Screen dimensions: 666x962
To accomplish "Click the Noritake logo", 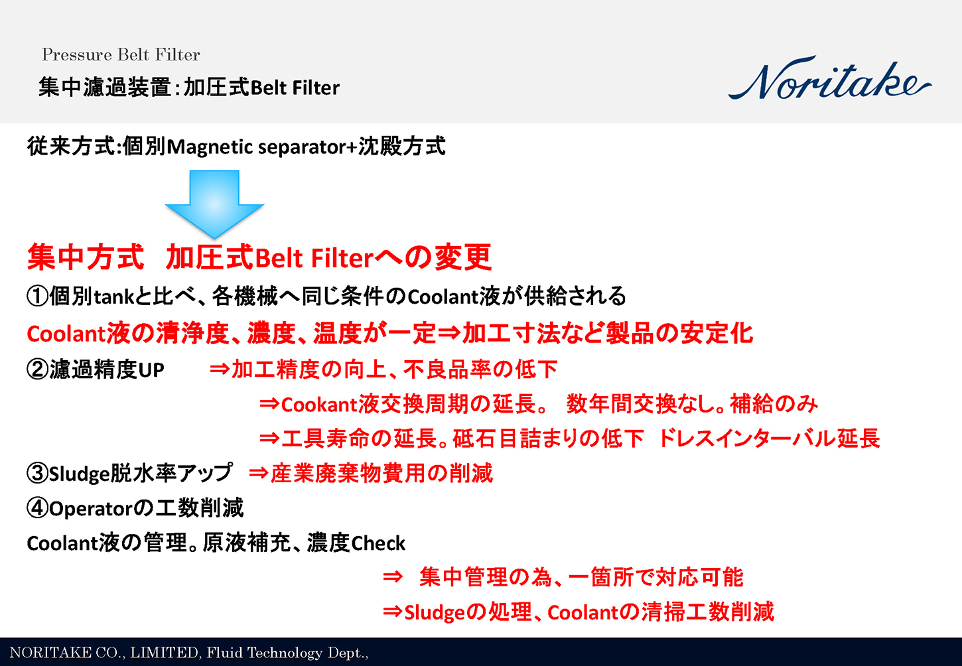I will click(x=829, y=80).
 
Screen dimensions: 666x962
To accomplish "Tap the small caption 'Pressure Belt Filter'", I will click(x=121, y=54).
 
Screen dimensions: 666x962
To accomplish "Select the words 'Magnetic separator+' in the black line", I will click(x=262, y=147).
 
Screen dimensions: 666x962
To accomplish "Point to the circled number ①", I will click(x=37, y=296).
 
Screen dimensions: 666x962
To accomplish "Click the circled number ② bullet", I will click(x=37, y=369).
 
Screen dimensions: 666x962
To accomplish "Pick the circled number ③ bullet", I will click(x=37, y=473).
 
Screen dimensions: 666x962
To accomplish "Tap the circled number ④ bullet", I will click(x=37, y=508).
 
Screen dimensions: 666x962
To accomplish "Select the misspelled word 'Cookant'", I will click(x=319, y=404).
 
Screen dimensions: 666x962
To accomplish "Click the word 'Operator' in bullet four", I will click(x=91, y=509).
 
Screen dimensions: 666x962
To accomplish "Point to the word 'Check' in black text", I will click(x=378, y=543).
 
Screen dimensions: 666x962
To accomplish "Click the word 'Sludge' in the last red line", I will click(x=435, y=612).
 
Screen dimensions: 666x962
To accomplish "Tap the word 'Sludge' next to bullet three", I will click(x=79, y=474).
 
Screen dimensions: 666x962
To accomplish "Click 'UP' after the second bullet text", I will click(x=151, y=370).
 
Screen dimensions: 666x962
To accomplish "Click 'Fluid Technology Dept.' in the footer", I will click(x=287, y=653).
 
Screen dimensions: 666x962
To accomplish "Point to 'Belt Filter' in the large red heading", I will click(x=314, y=258).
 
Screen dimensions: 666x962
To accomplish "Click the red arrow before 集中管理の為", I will click(x=393, y=577).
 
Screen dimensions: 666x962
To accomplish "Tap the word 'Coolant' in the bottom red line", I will click(x=583, y=612).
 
